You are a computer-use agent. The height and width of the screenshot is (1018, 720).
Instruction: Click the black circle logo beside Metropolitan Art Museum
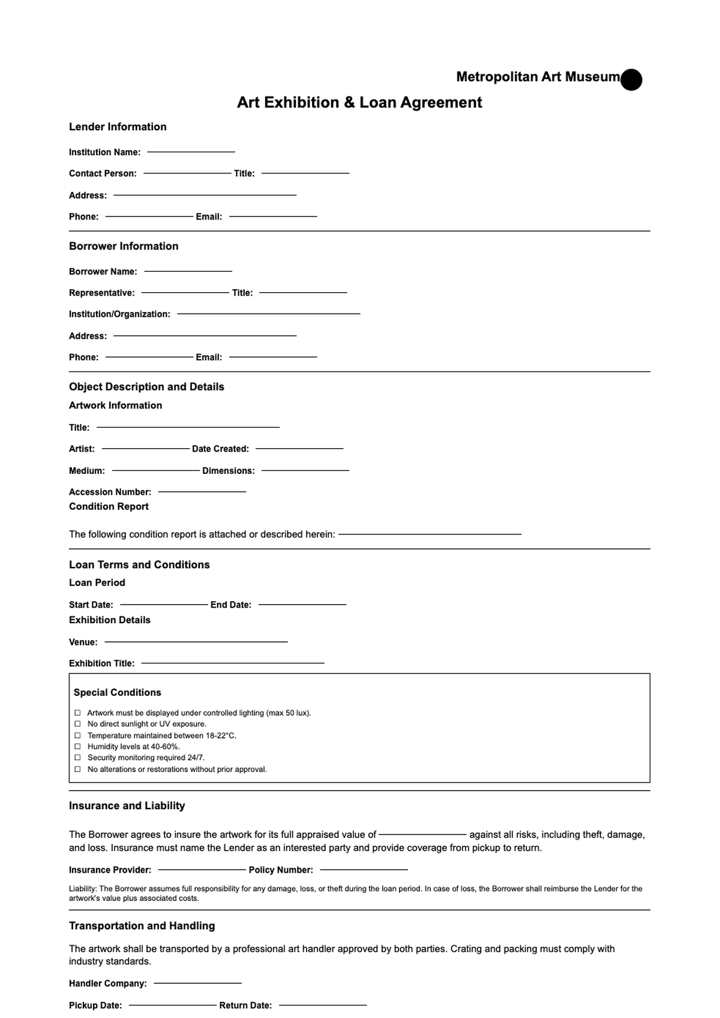[x=631, y=80]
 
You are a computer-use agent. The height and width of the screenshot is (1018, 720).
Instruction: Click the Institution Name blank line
[x=191, y=152]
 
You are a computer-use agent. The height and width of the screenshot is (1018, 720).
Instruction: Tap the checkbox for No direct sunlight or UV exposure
[x=77, y=724]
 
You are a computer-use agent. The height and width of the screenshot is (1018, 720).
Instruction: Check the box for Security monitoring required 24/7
[x=77, y=758]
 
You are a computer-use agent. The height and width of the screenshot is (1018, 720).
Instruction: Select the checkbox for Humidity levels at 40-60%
[x=77, y=747]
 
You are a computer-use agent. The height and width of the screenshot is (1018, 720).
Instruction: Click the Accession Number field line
[x=202, y=491]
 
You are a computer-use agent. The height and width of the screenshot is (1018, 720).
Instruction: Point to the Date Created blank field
[x=299, y=448]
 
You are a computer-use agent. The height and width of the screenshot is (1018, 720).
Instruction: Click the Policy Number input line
[x=364, y=869]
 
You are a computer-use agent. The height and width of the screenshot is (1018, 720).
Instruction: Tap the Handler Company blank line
[x=197, y=983]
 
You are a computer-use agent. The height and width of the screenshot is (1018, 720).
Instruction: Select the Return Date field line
[x=323, y=1005]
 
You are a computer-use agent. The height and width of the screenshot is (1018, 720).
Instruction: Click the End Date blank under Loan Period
[x=302, y=604]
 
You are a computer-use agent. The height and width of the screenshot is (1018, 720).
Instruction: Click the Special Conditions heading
[x=117, y=692]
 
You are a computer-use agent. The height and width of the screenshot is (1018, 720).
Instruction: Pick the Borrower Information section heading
[x=124, y=246]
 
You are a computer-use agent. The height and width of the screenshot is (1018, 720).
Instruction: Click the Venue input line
[x=196, y=642]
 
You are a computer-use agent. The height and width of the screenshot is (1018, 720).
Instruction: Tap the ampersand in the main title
[x=349, y=103]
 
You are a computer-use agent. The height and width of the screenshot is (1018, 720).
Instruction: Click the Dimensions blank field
[x=305, y=470]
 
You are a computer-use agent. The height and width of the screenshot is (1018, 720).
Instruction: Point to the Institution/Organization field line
[x=268, y=314]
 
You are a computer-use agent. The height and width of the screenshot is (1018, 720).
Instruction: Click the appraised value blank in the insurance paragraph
[x=422, y=834]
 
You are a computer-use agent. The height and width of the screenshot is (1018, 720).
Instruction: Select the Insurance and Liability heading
[x=127, y=806]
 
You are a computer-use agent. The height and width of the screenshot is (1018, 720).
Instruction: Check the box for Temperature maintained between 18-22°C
[x=77, y=735]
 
